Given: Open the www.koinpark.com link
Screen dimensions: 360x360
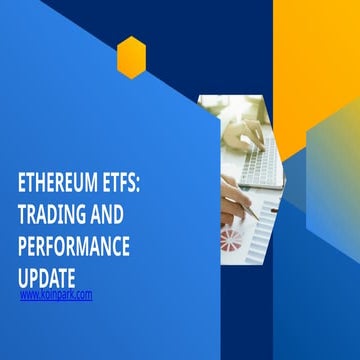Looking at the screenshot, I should pyautogui.click(x=56, y=294).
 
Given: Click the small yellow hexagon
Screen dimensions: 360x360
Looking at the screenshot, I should pyautogui.click(x=131, y=57).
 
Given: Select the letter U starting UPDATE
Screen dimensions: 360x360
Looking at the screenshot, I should pyautogui.click(x=24, y=275).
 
